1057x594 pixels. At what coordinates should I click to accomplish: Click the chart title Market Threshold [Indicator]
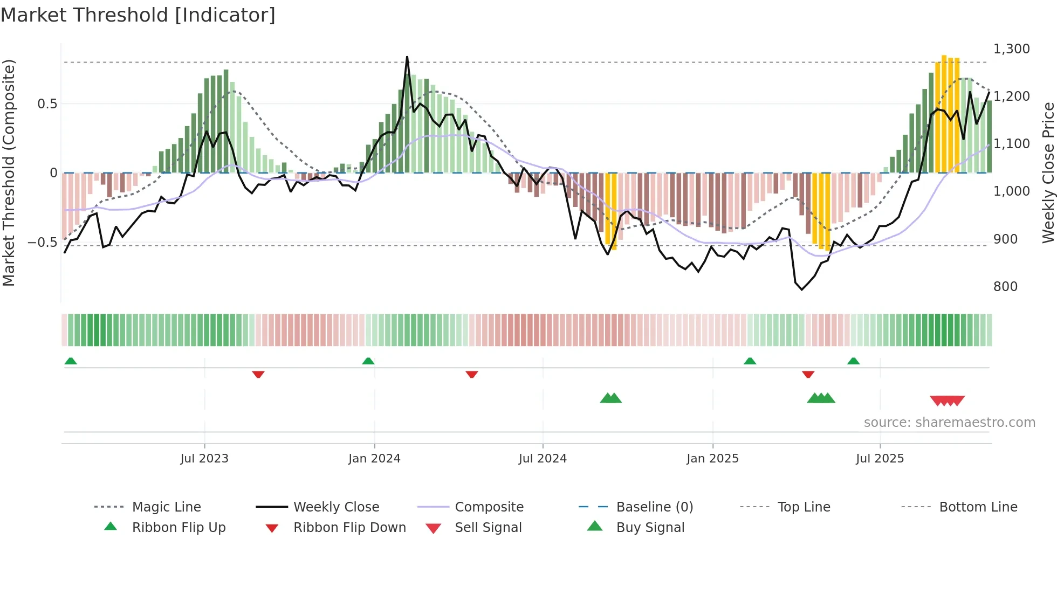pos(138,15)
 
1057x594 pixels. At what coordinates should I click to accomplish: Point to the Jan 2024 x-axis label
pos(374,458)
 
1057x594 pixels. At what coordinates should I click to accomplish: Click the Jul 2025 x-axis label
pos(880,458)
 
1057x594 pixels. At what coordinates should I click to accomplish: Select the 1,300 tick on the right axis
pos(1011,49)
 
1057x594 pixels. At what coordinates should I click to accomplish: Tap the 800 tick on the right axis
pos(1005,286)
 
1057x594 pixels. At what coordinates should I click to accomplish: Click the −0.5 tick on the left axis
pos(42,243)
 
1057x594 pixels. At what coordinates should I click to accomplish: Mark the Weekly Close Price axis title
pos(1048,172)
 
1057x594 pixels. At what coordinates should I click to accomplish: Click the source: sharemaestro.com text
pos(949,422)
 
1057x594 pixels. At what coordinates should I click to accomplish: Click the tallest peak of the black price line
pos(407,57)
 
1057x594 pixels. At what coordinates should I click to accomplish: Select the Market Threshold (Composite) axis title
pos(9,172)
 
